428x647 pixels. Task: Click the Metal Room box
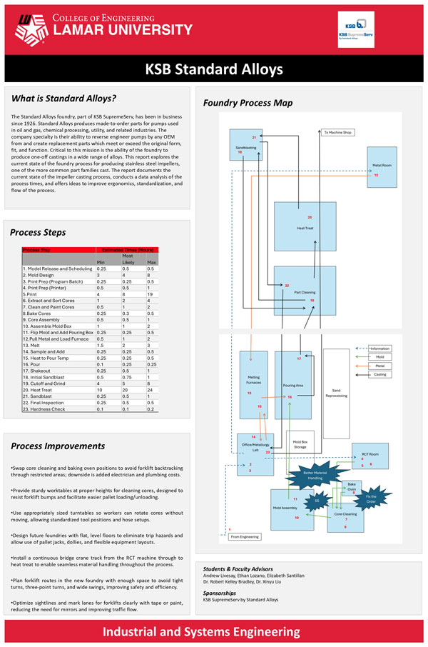(382, 166)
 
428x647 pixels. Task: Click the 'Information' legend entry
(380, 348)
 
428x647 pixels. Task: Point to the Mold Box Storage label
(300, 444)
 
